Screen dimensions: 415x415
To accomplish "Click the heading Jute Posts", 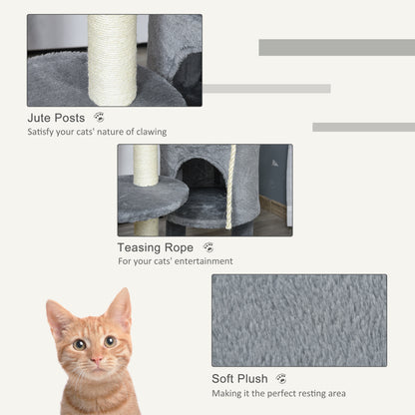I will coord(56,118).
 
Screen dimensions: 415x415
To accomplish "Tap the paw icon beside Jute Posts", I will coord(99,118).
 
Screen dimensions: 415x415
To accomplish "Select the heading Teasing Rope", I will coord(154,247).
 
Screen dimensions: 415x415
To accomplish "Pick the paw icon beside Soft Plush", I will coord(281,379).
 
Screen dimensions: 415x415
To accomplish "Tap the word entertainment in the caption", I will coord(202,261).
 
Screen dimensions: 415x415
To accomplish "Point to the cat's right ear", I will coord(120,308).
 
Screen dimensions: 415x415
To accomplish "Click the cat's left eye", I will coord(79,344).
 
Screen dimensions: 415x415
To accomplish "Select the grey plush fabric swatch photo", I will coord(298,320).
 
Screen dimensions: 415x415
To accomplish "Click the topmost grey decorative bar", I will coord(336,47).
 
